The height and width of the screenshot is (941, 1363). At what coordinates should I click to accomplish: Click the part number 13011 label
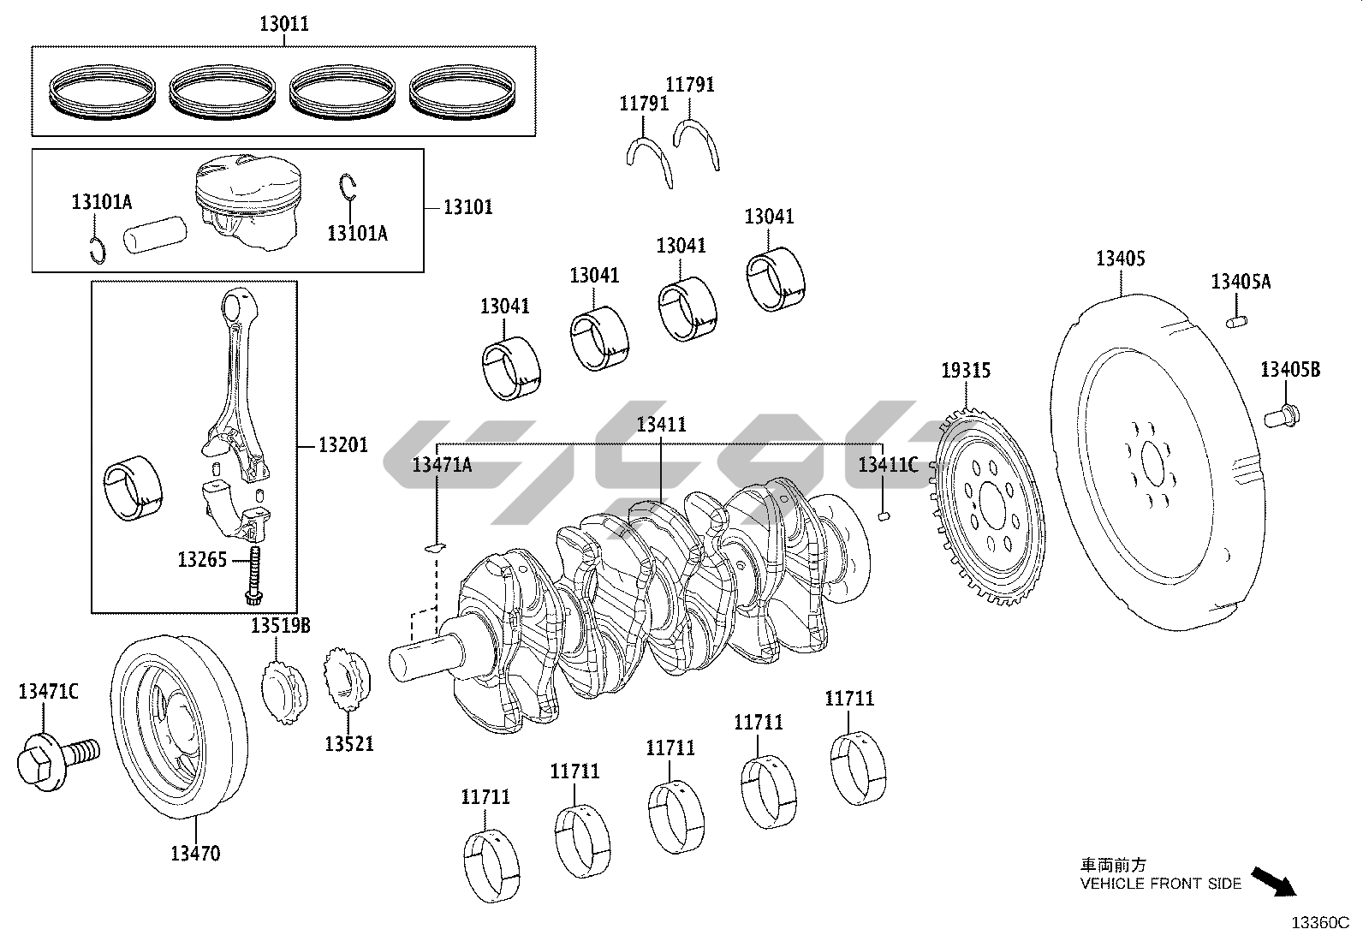(x=284, y=24)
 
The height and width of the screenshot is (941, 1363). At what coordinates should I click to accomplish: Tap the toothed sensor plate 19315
(x=989, y=505)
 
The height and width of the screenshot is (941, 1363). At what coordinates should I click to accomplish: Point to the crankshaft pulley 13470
(x=178, y=727)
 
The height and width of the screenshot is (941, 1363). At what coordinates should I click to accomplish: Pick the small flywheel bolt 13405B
(x=1282, y=417)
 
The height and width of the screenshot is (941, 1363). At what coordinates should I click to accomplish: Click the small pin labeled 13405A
(x=1239, y=321)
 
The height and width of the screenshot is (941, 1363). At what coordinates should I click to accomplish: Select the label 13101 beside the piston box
(x=467, y=207)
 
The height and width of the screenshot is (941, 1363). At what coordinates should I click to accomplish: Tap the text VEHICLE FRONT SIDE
(x=1160, y=884)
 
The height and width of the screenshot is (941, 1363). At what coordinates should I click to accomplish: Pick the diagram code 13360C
(x=1319, y=923)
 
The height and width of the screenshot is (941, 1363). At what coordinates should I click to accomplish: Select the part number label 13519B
(x=281, y=627)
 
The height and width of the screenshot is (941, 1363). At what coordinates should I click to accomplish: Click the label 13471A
(x=441, y=465)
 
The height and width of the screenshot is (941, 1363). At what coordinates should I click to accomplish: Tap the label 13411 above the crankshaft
(x=661, y=425)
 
